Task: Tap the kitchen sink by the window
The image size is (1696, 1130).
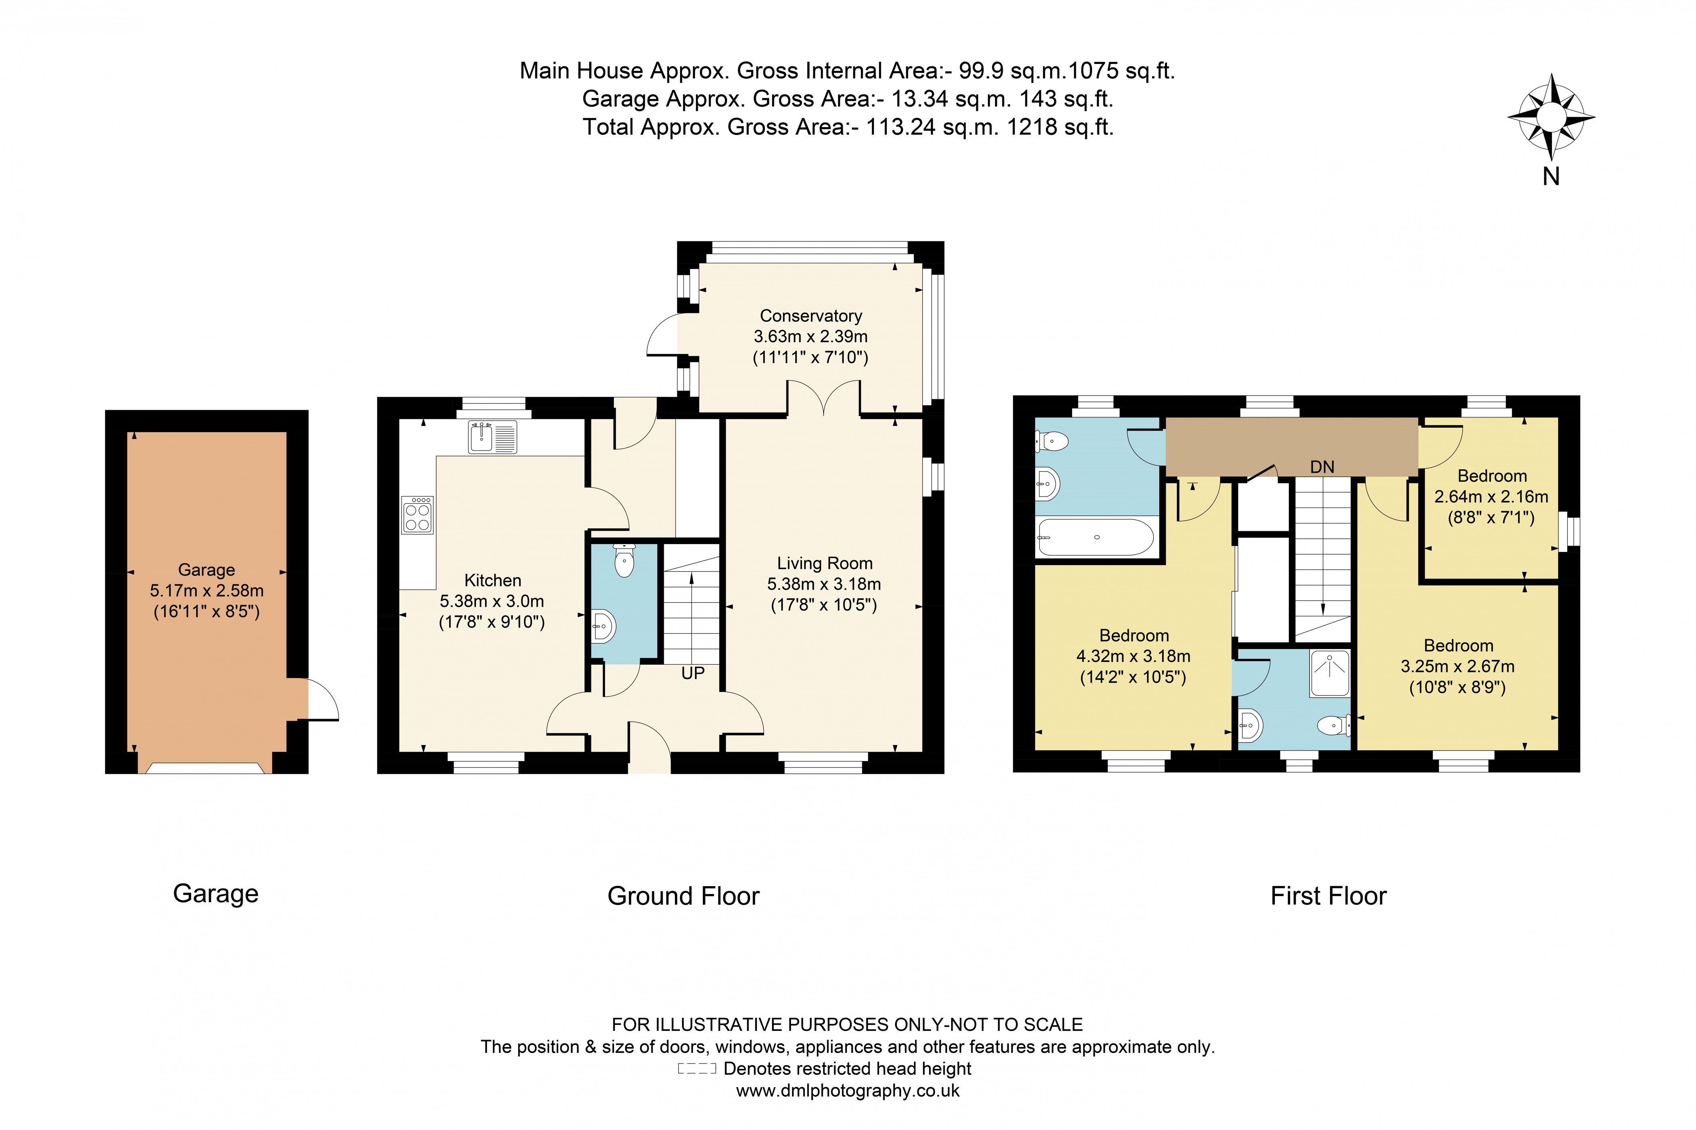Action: pos(492,437)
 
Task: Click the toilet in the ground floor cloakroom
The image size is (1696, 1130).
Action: pos(624,561)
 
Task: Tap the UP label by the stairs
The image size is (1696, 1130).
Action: pos(693,673)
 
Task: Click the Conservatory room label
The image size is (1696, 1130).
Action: pos(810,316)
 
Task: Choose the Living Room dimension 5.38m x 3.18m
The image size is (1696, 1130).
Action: pos(824,584)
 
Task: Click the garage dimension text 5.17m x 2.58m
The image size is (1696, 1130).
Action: pos(207,590)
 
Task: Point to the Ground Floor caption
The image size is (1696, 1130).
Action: pos(683,896)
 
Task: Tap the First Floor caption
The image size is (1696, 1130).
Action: pos(1328,896)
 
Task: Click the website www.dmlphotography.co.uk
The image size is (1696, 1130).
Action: pos(847,1090)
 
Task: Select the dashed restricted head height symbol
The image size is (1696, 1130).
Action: pos(697,1069)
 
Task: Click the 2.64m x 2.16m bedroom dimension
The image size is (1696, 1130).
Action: pos(1491,496)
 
